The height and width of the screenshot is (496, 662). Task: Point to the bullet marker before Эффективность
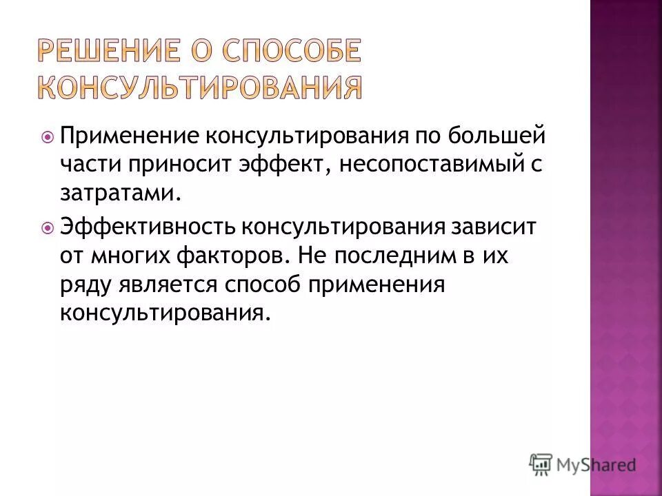click(48, 226)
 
